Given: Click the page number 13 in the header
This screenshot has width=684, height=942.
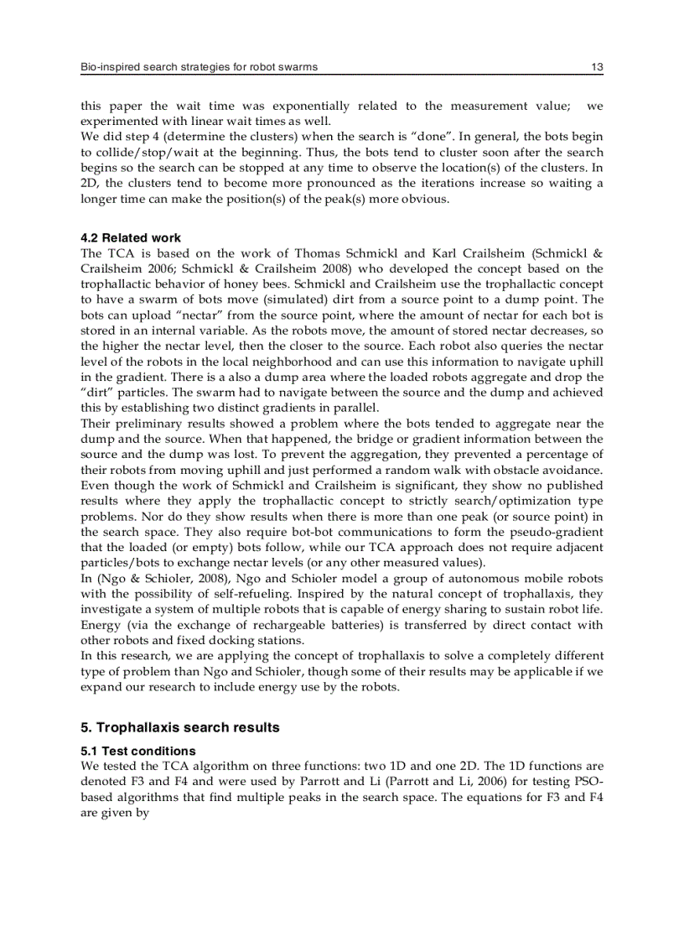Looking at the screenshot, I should (x=597, y=67).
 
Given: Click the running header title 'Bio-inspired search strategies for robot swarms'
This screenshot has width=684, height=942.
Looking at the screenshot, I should (x=199, y=67).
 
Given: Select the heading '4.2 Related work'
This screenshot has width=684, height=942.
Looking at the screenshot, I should (x=130, y=238).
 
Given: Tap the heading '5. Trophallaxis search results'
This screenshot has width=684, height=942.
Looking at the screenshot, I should (x=179, y=727).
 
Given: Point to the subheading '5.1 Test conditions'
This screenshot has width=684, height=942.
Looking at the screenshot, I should (x=137, y=751).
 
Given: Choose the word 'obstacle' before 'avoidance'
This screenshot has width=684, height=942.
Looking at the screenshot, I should (x=504, y=469).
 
